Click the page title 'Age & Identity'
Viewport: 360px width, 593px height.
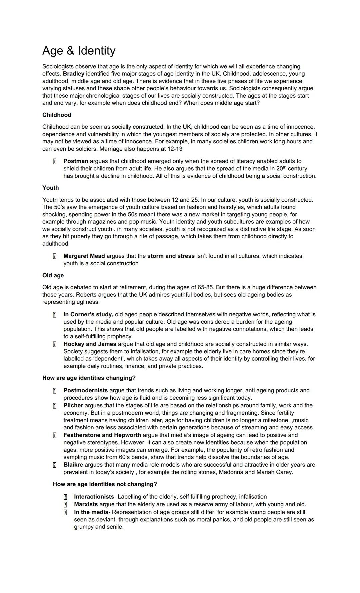pyautogui.click(x=79, y=51)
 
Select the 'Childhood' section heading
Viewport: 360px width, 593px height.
pyautogui.click(x=57, y=115)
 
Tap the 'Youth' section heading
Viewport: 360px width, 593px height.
pyautogui.click(x=50, y=188)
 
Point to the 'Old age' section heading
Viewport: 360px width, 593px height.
pyautogui.click(x=53, y=275)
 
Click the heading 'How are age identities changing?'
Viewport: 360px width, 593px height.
pyautogui.click(x=89, y=378)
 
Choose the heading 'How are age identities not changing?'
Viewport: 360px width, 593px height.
pyautogui.click(x=105, y=484)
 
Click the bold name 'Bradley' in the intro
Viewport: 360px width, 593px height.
pyautogui.click(x=73, y=74)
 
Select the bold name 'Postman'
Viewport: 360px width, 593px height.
pyautogui.click(x=76, y=161)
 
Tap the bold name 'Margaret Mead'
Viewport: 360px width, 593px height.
pyautogui.click(x=84, y=256)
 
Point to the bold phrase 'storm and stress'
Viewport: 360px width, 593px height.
pyautogui.click(x=171, y=256)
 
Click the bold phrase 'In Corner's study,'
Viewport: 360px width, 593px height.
pyautogui.click(x=88, y=314)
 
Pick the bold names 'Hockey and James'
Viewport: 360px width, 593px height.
pyautogui.click(x=90, y=344)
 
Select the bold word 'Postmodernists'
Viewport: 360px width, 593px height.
pyautogui.click(x=85, y=390)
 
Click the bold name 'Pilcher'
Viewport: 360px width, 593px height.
pyautogui.click(x=73, y=405)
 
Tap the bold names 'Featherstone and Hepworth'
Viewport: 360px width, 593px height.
pyautogui.click(x=102, y=435)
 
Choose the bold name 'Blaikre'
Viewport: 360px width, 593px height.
pyautogui.click(x=73, y=465)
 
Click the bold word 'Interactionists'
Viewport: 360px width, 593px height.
pyautogui.click(x=94, y=497)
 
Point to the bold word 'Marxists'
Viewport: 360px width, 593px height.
pyautogui.click(x=86, y=504)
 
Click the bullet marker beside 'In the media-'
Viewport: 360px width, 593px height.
pyautogui.click(x=65, y=512)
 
